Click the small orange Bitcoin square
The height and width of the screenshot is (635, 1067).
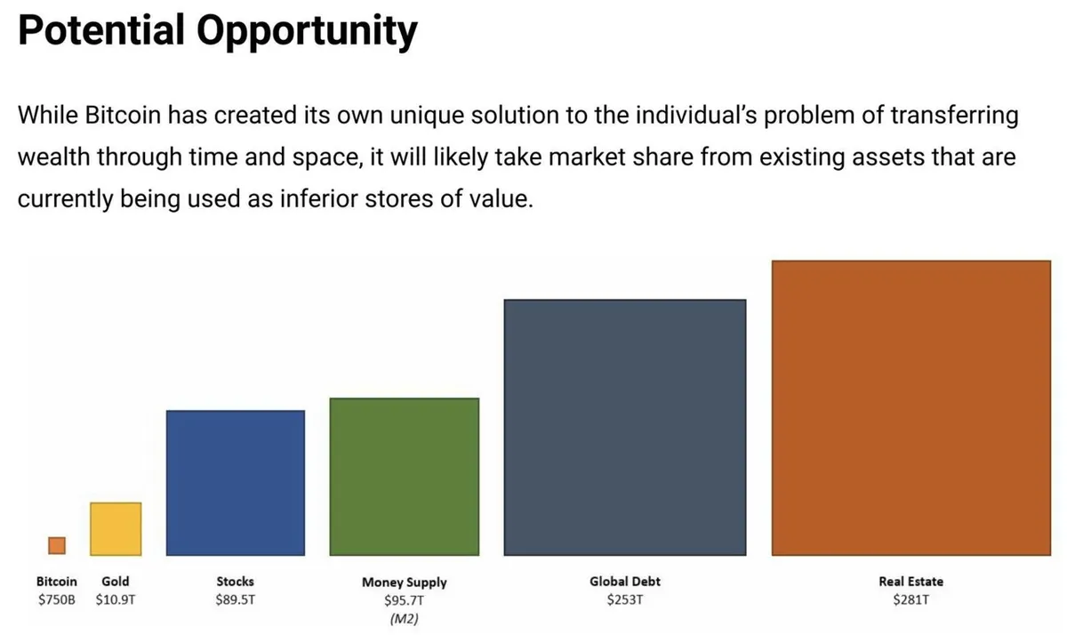point(57,545)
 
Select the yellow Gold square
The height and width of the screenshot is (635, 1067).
point(116,529)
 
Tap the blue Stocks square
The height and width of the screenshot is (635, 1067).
point(236,483)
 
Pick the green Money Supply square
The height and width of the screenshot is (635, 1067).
point(405,477)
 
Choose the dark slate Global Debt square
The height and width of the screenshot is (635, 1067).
point(625,427)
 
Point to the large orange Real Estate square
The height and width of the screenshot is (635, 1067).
point(911,408)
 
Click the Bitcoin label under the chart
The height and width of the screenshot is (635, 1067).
point(57,581)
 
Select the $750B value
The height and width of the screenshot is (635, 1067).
point(57,599)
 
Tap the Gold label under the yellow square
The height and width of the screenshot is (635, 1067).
point(116,581)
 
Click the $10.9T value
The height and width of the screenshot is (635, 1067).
point(116,599)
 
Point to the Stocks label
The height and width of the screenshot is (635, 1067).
point(236,581)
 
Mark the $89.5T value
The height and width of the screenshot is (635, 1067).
point(236,599)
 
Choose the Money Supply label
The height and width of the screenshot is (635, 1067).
point(405,583)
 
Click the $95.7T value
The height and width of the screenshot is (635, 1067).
point(405,600)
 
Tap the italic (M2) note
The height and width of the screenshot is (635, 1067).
point(405,619)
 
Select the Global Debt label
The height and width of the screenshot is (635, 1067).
point(625,581)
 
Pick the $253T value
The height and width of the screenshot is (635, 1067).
point(625,599)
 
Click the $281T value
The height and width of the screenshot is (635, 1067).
point(911,599)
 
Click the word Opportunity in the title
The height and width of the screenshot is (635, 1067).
point(308,32)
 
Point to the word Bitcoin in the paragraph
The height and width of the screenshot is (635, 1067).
point(123,116)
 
